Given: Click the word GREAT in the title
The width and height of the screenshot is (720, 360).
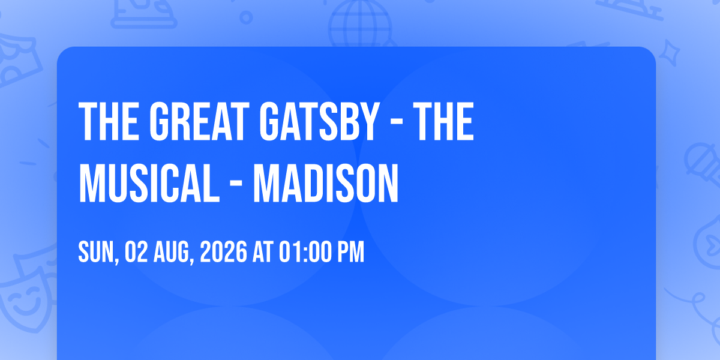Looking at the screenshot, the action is tap(199, 121).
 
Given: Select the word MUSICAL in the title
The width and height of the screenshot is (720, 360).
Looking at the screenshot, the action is tap(149, 183).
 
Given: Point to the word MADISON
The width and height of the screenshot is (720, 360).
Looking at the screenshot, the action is tap(326, 183).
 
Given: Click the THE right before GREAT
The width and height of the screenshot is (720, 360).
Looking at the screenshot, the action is tap(109, 121).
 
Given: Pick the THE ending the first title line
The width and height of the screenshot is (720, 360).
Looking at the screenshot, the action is tap(443, 121).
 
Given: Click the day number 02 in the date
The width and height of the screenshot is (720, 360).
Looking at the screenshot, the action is tap(136, 252).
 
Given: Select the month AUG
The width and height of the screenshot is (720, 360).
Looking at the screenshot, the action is tap(172, 253).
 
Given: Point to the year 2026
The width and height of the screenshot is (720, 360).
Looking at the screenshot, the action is tap(224, 252).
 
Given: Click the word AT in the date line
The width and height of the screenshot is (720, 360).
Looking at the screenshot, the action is tap(263, 252).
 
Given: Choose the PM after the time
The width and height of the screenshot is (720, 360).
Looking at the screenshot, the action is tap(350, 252).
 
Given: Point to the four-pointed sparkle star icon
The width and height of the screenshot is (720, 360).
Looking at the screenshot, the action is tap(670, 53).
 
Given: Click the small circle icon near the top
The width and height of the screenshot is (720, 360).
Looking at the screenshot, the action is tap(246, 17).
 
